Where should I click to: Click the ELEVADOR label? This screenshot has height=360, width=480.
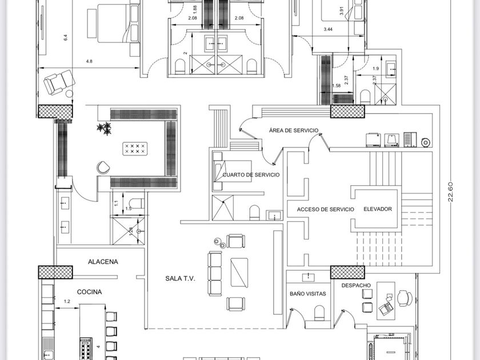pyautogui.click(x=378, y=209)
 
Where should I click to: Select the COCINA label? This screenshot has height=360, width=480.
pyautogui.click(x=89, y=292)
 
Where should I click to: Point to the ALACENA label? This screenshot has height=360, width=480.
pyautogui.click(x=103, y=262)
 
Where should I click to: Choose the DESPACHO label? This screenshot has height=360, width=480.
pyautogui.click(x=356, y=285)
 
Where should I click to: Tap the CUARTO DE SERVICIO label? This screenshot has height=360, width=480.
pyautogui.click(x=251, y=175)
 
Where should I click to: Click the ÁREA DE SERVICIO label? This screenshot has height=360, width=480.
pyautogui.click(x=294, y=131)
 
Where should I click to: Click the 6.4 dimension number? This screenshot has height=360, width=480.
pyautogui.click(x=65, y=38)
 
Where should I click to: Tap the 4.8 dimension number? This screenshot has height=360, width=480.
pyautogui.click(x=90, y=61)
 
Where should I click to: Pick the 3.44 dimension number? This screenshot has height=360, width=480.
pyautogui.click(x=328, y=29)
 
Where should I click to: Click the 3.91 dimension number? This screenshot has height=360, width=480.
pyautogui.click(x=341, y=11)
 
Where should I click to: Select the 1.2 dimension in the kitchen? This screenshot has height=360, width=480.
pyautogui.click(x=67, y=301)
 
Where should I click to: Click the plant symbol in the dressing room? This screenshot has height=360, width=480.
pyautogui.click(x=103, y=129)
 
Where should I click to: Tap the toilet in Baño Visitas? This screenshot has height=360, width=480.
pyautogui.click(x=319, y=312)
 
